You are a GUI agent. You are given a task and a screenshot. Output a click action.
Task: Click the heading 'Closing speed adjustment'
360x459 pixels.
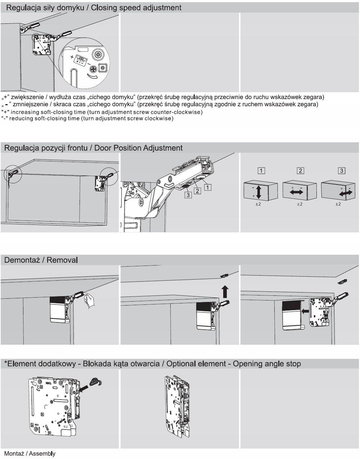click(136, 7)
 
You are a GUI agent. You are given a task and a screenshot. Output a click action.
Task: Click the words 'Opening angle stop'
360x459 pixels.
click(267, 364)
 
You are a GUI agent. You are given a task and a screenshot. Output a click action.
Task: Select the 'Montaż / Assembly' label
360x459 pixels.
click(30, 454)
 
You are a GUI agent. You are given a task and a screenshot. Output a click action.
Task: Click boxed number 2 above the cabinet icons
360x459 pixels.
click(300, 170)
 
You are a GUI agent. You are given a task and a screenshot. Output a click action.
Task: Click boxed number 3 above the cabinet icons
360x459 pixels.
click(342, 170)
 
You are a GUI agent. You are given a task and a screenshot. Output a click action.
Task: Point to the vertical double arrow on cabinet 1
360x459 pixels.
click(258, 192)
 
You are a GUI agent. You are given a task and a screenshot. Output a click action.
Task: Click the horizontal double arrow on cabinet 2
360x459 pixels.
click(296, 192)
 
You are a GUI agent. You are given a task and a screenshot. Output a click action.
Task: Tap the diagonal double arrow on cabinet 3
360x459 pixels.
click(345, 193)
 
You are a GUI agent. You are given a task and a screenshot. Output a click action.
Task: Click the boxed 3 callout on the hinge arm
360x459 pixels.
click(188, 195)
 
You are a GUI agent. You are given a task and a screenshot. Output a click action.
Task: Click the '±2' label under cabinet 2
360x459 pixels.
click(299, 204)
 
